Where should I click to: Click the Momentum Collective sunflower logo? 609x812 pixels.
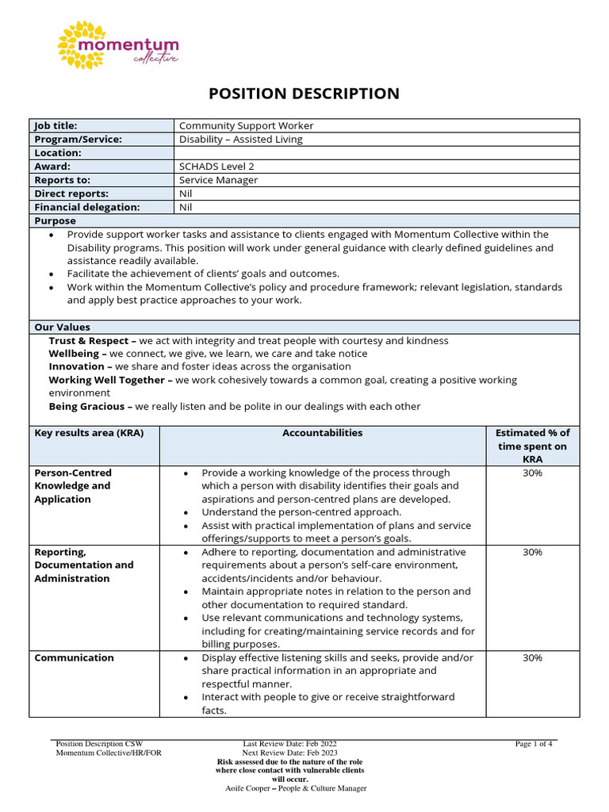coord(82,44)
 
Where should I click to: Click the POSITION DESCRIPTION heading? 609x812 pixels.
coord(304,94)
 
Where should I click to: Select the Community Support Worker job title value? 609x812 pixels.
coord(246,125)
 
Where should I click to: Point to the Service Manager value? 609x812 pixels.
coord(218,180)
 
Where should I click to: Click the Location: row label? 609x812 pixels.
coord(57,153)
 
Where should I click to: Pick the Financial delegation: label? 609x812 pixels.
coord(86,207)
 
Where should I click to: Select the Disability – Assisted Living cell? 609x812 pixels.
coord(241,139)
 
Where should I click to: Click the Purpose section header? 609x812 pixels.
coord(55,220)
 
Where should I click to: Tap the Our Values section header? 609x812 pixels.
coord(62,327)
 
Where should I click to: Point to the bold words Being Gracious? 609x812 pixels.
coord(87,406)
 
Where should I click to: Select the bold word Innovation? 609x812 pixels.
coord(76,366)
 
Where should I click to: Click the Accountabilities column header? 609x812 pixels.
coord(322,433)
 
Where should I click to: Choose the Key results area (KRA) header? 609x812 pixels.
coord(88,433)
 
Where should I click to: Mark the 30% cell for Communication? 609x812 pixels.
coord(532,657)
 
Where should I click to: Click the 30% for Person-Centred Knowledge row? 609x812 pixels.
coord(532,473)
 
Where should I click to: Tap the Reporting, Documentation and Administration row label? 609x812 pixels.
coord(83,565)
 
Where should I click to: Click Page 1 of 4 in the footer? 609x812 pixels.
coord(534,744)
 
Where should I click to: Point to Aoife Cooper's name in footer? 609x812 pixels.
coord(248,788)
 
